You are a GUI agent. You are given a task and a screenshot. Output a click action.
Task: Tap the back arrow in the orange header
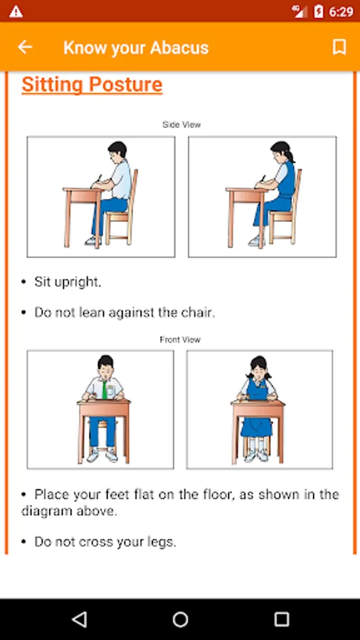click(25, 48)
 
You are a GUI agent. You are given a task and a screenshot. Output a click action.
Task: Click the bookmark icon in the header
click(339, 47)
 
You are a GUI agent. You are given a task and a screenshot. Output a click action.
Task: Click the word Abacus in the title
click(179, 48)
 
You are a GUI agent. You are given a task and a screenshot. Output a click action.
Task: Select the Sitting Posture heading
click(92, 85)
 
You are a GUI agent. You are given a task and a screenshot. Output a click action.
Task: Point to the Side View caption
click(181, 124)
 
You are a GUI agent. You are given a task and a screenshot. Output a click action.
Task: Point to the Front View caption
click(180, 340)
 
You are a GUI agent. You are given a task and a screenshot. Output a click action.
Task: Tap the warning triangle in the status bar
click(16, 11)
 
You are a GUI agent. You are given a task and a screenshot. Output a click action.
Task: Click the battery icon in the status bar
click(318, 11)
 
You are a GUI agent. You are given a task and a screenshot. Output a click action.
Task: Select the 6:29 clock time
click(341, 12)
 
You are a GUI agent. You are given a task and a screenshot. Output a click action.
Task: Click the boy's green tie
click(105, 390)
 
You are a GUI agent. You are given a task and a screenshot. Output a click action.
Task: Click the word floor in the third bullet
click(218, 494)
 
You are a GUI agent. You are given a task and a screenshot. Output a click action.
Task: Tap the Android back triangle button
click(79, 619)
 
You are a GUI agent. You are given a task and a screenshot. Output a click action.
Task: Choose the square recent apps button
click(282, 619)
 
